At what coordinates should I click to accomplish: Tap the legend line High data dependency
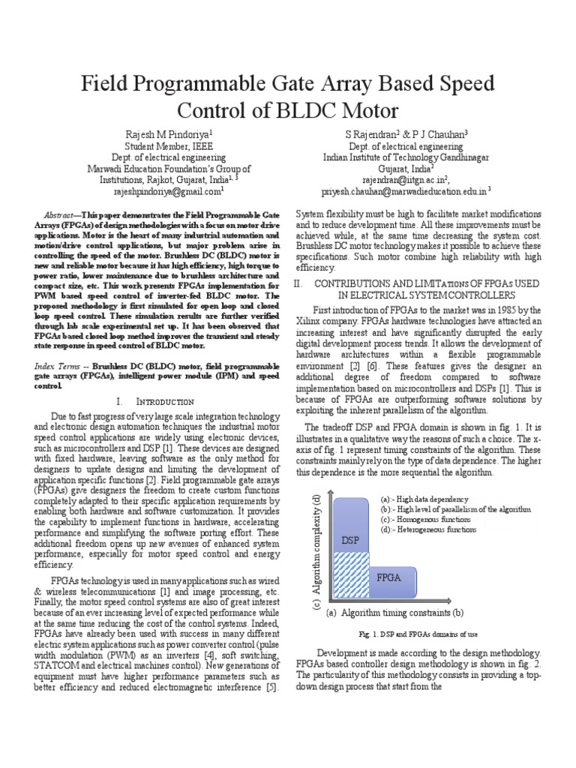(424, 499)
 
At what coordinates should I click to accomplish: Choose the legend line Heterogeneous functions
(429, 530)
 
